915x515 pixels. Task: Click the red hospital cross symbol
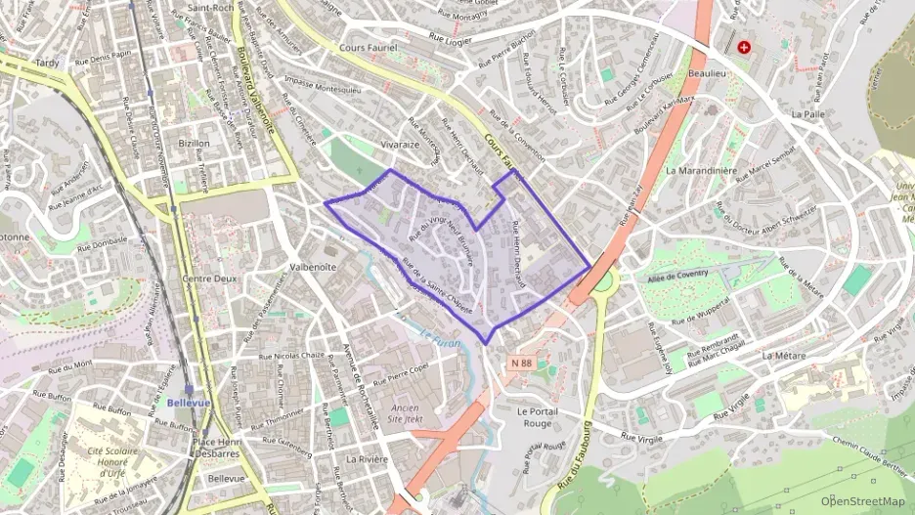point(745,46)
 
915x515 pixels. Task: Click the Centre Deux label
point(204,279)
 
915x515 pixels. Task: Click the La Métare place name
point(784,355)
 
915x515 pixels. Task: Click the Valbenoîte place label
point(313,266)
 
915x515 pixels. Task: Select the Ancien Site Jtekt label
point(405,414)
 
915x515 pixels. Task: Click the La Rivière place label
point(368,459)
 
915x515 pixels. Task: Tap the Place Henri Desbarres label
point(219,446)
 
